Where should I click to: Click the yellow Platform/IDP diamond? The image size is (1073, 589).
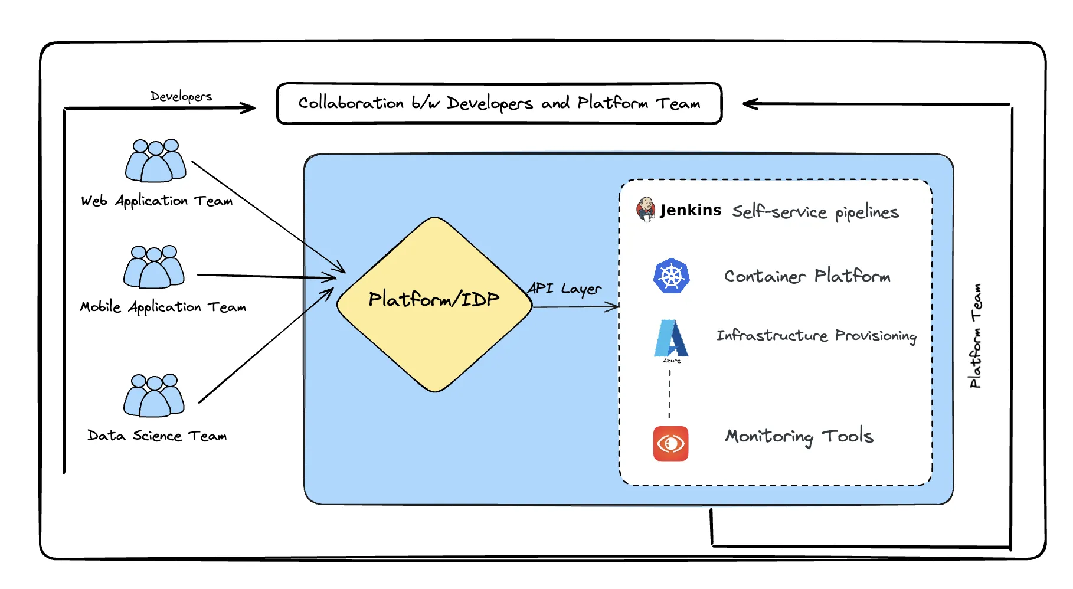click(x=434, y=305)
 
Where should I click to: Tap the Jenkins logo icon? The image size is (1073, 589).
click(x=646, y=210)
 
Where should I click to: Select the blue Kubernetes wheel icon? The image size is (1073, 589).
click(x=672, y=276)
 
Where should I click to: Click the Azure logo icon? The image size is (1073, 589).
click(x=671, y=339)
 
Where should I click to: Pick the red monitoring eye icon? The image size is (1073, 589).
click(x=670, y=443)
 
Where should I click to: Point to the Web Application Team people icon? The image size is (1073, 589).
click(x=156, y=161)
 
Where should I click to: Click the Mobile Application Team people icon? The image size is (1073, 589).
click(x=154, y=267)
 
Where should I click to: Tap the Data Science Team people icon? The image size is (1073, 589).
click(x=154, y=395)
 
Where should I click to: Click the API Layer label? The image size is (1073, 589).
click(x=564, y=289)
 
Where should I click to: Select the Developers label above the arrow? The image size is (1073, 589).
click(x=181, y=96)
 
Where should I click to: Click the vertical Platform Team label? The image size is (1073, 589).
click(x=976, y=336)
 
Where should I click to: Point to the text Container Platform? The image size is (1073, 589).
click(x=807, y=276)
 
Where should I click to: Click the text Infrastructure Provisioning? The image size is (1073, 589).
click(x=816, y=336)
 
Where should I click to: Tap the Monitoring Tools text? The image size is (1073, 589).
click(x=799, y=437)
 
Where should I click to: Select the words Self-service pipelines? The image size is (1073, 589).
click(x=815, y=212)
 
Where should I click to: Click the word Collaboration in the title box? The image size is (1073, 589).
click(x=351, y=103)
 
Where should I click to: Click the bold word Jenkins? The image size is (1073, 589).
click(x=691, y=210)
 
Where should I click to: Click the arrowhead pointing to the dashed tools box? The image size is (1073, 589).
click(x=614, y=306)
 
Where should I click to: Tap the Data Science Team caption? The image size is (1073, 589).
click(x=157, y=436)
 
